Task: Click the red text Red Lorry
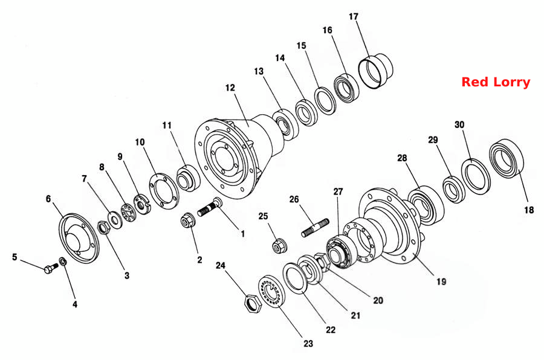coord(496,82)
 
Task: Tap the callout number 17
coord(353,17)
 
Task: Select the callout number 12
coord(230,88)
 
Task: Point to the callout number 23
coord(308,344)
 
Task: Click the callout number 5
coord(15,257)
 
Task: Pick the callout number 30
coord(459,125)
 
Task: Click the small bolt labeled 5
coord(51,268)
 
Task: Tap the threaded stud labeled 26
coord(315,227)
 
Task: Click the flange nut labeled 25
coord(279,246)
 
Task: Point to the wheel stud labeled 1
coord(210,207)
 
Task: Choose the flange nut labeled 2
coord(187,220)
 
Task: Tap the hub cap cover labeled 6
coord(79,239)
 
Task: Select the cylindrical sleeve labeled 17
coord(375,71)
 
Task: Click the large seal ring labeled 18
coord(506,158)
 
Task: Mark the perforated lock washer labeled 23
coord(272,291)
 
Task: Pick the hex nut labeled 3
coord(103,228)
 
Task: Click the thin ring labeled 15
coord(325,101)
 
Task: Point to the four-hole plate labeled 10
coord(164,190)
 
